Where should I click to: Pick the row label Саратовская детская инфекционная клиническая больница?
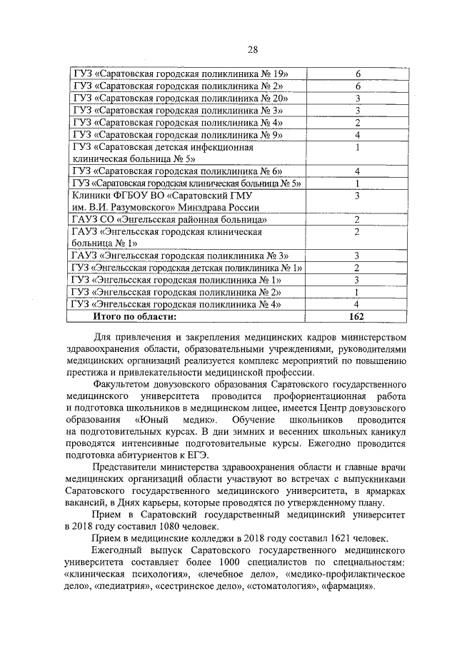pyautogui.click(x=164, y=153)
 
